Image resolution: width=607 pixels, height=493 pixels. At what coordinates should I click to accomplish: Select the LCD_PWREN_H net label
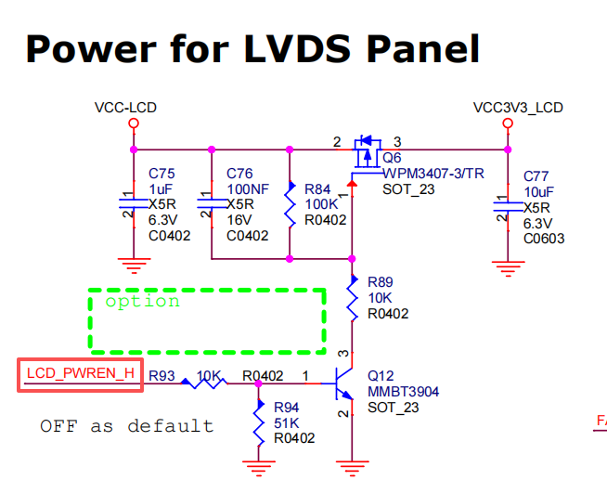pyautogui.click(x=81, y=374)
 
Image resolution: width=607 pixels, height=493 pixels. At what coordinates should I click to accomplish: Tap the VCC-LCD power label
pyautogui.click(x=125, y=108)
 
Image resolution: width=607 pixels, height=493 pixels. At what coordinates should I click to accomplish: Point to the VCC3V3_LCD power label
pyautogui.click(x=518, y=108)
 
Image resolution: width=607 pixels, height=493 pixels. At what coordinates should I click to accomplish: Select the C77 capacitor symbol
pyautogui.click(x=507, y=206)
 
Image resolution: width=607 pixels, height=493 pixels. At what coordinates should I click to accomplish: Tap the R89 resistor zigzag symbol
pyautogui.click(x=354, y=299)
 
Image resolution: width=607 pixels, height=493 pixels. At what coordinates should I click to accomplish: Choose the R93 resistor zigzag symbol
pyautogui.click(x=203, y=381)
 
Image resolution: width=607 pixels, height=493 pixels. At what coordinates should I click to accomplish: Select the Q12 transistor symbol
pyautogui.click(x=344, y=381)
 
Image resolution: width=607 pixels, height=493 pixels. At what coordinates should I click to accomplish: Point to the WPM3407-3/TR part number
pyautogui.click(x=433, y=174)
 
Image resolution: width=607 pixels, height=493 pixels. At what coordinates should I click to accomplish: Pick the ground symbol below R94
pyautogui.click(x=258, y=467)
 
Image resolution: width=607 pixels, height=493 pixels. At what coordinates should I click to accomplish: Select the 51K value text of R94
pyautogui.click(x=287, y=422)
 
